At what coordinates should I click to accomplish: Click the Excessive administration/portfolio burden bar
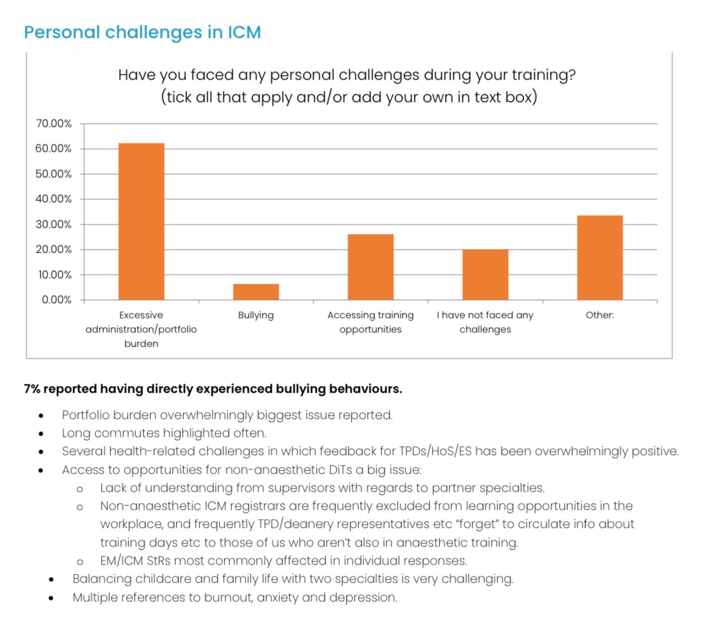tap(141, 222)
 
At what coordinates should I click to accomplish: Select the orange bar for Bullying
tap(256, 292)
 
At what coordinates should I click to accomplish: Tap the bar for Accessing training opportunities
tap(370, 267)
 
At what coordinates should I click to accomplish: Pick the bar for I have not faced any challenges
tap(485, 275)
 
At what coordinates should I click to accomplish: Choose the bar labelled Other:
tap(599, 258)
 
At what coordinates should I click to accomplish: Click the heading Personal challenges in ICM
tap(142, 32)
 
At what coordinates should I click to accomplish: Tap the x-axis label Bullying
tap(255, 316)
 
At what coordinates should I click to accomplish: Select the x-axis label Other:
tap(599, 316)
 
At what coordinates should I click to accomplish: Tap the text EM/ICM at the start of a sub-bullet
tap(122, 560)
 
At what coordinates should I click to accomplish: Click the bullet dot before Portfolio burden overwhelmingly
tap(41, 415)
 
